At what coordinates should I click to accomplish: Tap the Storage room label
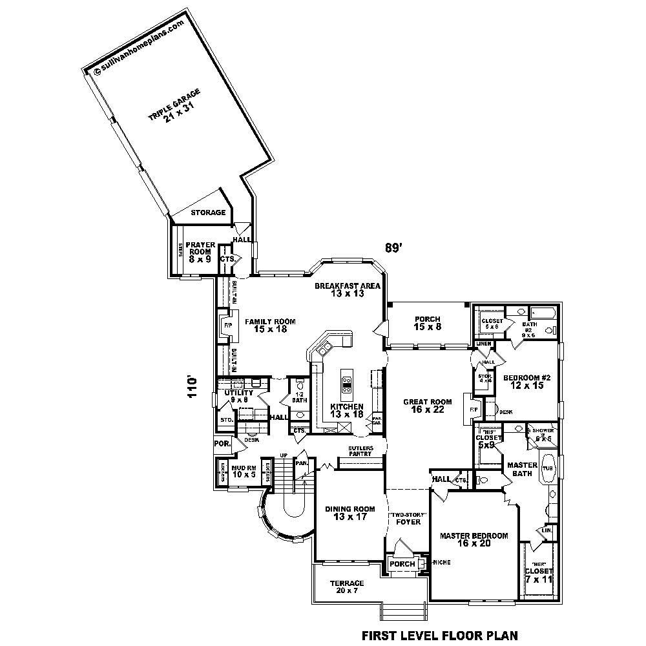click(x=208, y=213)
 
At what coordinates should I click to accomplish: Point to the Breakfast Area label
click(x=348, y=289)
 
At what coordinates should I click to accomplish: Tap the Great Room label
click(x=427, y=406)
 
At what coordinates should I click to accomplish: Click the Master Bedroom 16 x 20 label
click(x=474, y=539)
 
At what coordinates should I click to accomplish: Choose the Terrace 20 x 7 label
click(x=346, y=587)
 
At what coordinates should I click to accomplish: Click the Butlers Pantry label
click(x=359, y=451)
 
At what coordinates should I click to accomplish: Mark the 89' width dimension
click(x=394, y=247)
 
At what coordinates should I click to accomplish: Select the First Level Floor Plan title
click(x=439, y=635)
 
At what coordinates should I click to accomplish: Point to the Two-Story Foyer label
click(x=408, y=518)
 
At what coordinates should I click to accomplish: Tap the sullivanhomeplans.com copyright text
click(x=139, y=47)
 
